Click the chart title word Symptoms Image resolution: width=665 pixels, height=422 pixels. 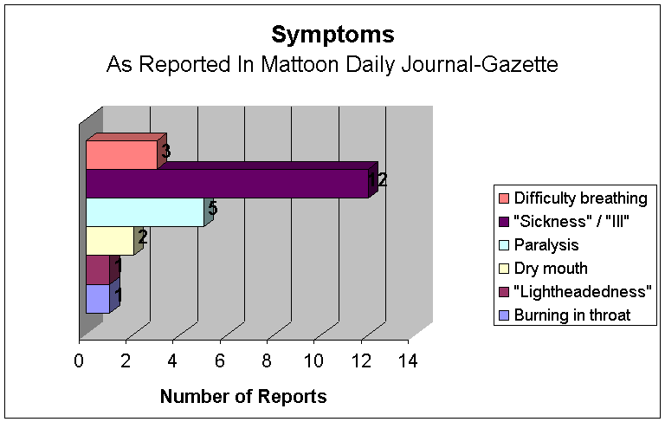tap(332, 35)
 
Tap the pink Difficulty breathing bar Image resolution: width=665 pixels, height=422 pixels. tap(121, 155)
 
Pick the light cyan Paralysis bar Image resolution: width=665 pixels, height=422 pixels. tap(145, 212)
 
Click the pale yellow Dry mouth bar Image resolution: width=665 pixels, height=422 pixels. tap(109, 241)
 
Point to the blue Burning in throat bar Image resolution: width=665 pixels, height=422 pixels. tap(98, 299)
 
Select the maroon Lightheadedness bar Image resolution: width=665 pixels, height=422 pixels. tap(98, 270)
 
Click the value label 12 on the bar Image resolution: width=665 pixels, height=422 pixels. tap(378, 181)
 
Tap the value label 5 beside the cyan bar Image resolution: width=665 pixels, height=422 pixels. tap(212, 209)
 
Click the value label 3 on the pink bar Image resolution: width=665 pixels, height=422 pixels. tap(165, 152)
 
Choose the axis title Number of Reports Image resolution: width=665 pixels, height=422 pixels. tap(243, 397)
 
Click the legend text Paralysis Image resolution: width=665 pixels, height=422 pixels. tap(546, 244)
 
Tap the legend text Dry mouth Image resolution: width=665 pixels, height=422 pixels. tap(550, 268)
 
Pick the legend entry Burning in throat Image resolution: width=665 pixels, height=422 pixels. tap(572, 315)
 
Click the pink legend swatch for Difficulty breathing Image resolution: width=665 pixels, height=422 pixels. tap(503, 198)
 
